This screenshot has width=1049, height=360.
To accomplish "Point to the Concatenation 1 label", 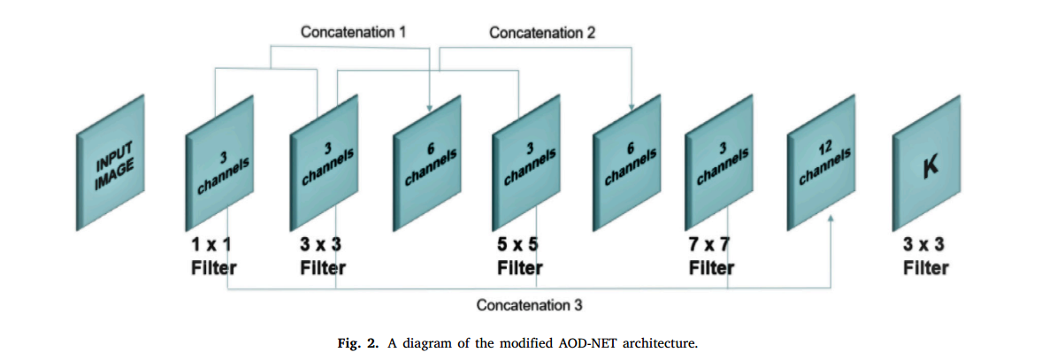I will click(x=353, y=32).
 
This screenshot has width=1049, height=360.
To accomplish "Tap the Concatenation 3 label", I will click(x=529, y=306).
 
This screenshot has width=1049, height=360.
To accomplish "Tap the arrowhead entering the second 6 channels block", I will click(x=631, y=106).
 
